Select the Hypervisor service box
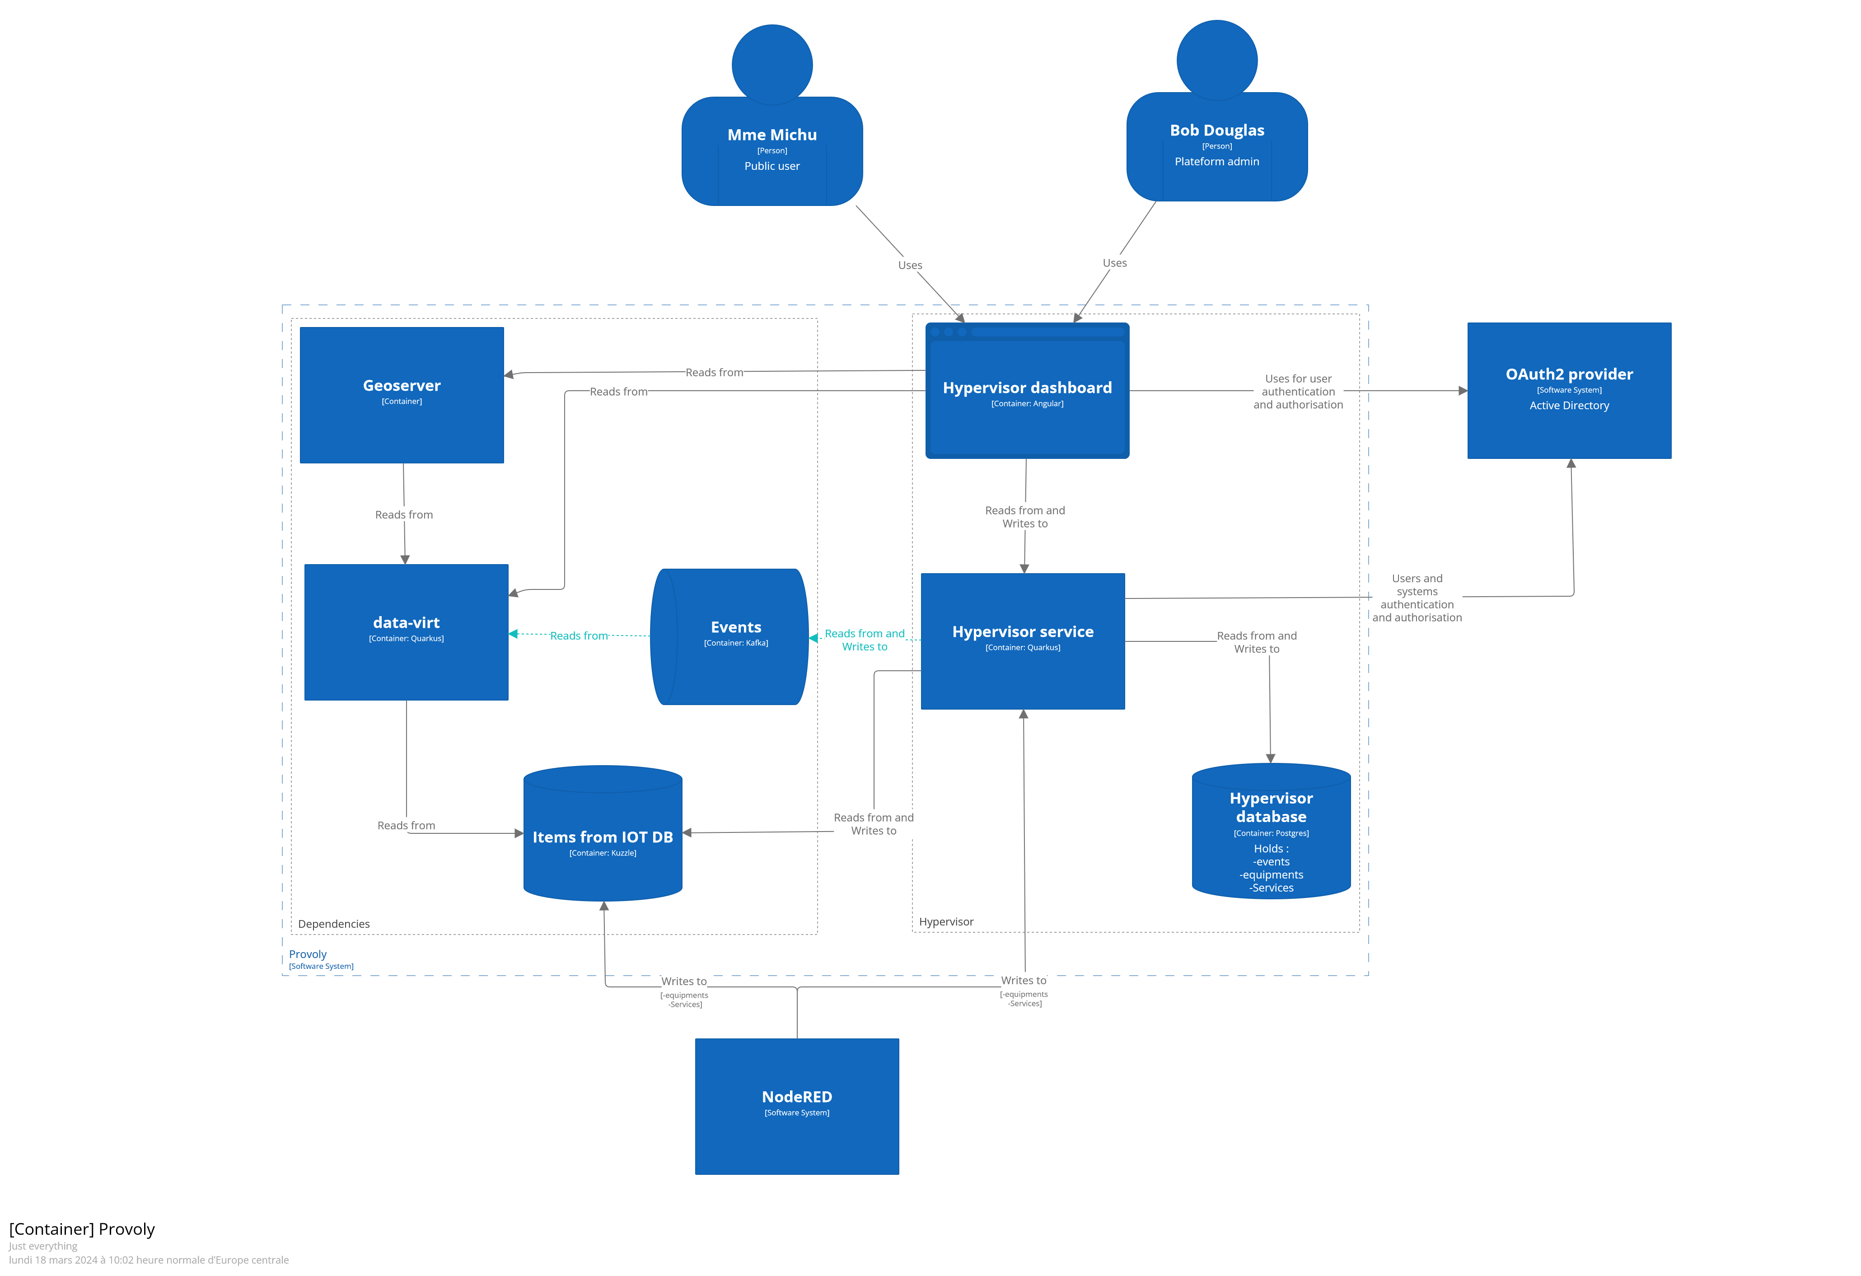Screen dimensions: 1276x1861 (x=1023, y=640)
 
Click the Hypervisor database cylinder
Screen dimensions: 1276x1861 (x=1271, y=832)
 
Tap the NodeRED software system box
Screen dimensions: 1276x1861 (x=797, y=1106)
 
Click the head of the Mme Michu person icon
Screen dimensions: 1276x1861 (x=772, y=64)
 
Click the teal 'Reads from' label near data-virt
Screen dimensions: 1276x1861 (x=578, y=636)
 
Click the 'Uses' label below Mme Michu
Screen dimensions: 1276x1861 (x=910, y=265)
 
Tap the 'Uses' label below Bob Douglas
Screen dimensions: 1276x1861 (x=1114, y=262)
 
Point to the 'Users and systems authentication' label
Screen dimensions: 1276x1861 (x=1417, y=597)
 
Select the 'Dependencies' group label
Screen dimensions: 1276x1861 (x=334, y=924)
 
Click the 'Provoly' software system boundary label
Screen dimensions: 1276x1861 (x=308, y=954)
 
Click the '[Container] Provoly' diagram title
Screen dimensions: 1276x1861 (x=82, y=1229)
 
